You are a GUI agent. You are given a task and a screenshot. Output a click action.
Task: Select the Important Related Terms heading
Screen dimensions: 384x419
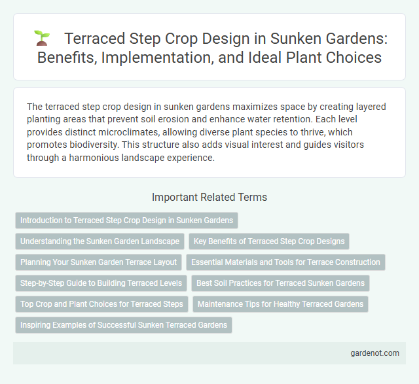tap(209, 197)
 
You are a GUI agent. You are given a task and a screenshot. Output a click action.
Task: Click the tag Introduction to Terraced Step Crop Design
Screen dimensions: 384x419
tap(126, 220)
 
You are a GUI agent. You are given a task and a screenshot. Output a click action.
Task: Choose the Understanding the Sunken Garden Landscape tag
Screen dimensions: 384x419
tap(100, 241)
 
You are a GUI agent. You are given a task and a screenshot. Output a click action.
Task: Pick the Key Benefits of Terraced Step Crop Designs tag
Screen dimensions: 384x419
tap(269, 241)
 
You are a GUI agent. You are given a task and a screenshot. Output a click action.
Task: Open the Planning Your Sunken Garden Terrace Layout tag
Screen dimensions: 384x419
tap(98, 262)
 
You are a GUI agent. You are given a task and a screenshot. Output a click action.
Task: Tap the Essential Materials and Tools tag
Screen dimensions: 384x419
tap(285, 262)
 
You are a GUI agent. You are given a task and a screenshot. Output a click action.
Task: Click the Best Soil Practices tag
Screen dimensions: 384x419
tap(281, 283)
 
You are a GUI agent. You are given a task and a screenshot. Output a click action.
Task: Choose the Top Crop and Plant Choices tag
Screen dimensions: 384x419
tap(101, 304)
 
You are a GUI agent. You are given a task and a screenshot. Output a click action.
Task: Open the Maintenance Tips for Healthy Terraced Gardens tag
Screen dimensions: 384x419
tap(281, 304)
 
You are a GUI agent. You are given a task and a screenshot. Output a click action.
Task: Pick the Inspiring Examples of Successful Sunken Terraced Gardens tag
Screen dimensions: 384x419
tap(123, 325)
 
